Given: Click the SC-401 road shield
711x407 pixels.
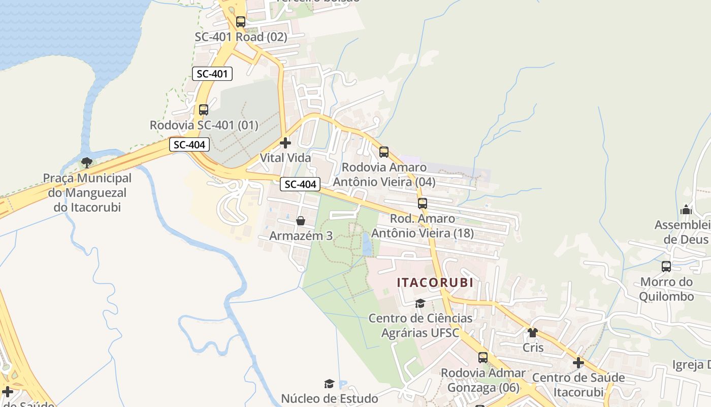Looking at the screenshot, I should (x=212, y=74).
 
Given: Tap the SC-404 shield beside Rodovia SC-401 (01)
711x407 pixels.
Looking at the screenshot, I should (x=189, y=144).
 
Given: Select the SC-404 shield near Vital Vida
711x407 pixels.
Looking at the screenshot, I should (x=300, y=184).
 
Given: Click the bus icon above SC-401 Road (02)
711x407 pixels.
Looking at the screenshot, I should (x=241, y=22).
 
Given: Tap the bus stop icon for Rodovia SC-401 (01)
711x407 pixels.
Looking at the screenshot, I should (x=204, y=109).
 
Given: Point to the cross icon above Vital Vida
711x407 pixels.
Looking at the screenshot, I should (x=285, y=143).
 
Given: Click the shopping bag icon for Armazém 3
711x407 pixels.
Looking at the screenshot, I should (x=301, y=221).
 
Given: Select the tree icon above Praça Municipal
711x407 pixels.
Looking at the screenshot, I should (x=87, y=163).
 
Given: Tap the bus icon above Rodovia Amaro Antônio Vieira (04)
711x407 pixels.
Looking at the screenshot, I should (x=384, y=152).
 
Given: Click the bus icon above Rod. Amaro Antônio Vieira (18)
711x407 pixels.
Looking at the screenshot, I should (x=423, y=203).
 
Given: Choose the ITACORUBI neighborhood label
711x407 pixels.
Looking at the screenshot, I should (x=435, y=282).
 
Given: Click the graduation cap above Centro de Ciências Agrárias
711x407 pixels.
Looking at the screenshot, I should (x=420, y=304).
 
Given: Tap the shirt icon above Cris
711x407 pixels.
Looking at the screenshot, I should (x=532, y=333).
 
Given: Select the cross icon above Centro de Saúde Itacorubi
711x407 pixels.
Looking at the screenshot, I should (x=578, y=363).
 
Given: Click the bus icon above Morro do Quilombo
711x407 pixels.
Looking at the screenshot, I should (x=666, y=266).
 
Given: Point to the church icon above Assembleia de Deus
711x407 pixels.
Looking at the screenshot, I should (x=686, y=210).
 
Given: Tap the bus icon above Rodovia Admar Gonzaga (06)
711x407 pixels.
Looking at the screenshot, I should (x=483, y=358).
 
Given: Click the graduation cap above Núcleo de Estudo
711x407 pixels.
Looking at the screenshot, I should (x=329, y=384).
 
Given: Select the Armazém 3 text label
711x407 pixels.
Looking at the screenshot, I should (x=301, y=236).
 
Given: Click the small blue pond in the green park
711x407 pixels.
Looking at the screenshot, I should (x=366, y=245).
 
